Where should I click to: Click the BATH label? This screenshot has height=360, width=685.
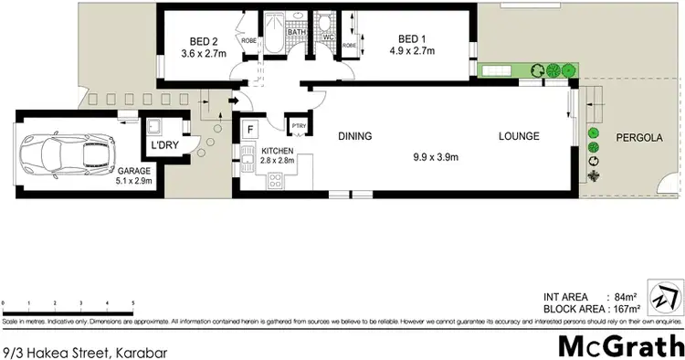296,33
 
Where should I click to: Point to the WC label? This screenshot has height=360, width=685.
329,37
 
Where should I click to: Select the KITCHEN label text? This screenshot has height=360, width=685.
277,152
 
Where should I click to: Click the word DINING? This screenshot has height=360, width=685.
354,137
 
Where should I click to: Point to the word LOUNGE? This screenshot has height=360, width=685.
518,137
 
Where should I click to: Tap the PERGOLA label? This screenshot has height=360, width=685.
638,138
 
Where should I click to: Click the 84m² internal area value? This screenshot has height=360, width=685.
625,297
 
